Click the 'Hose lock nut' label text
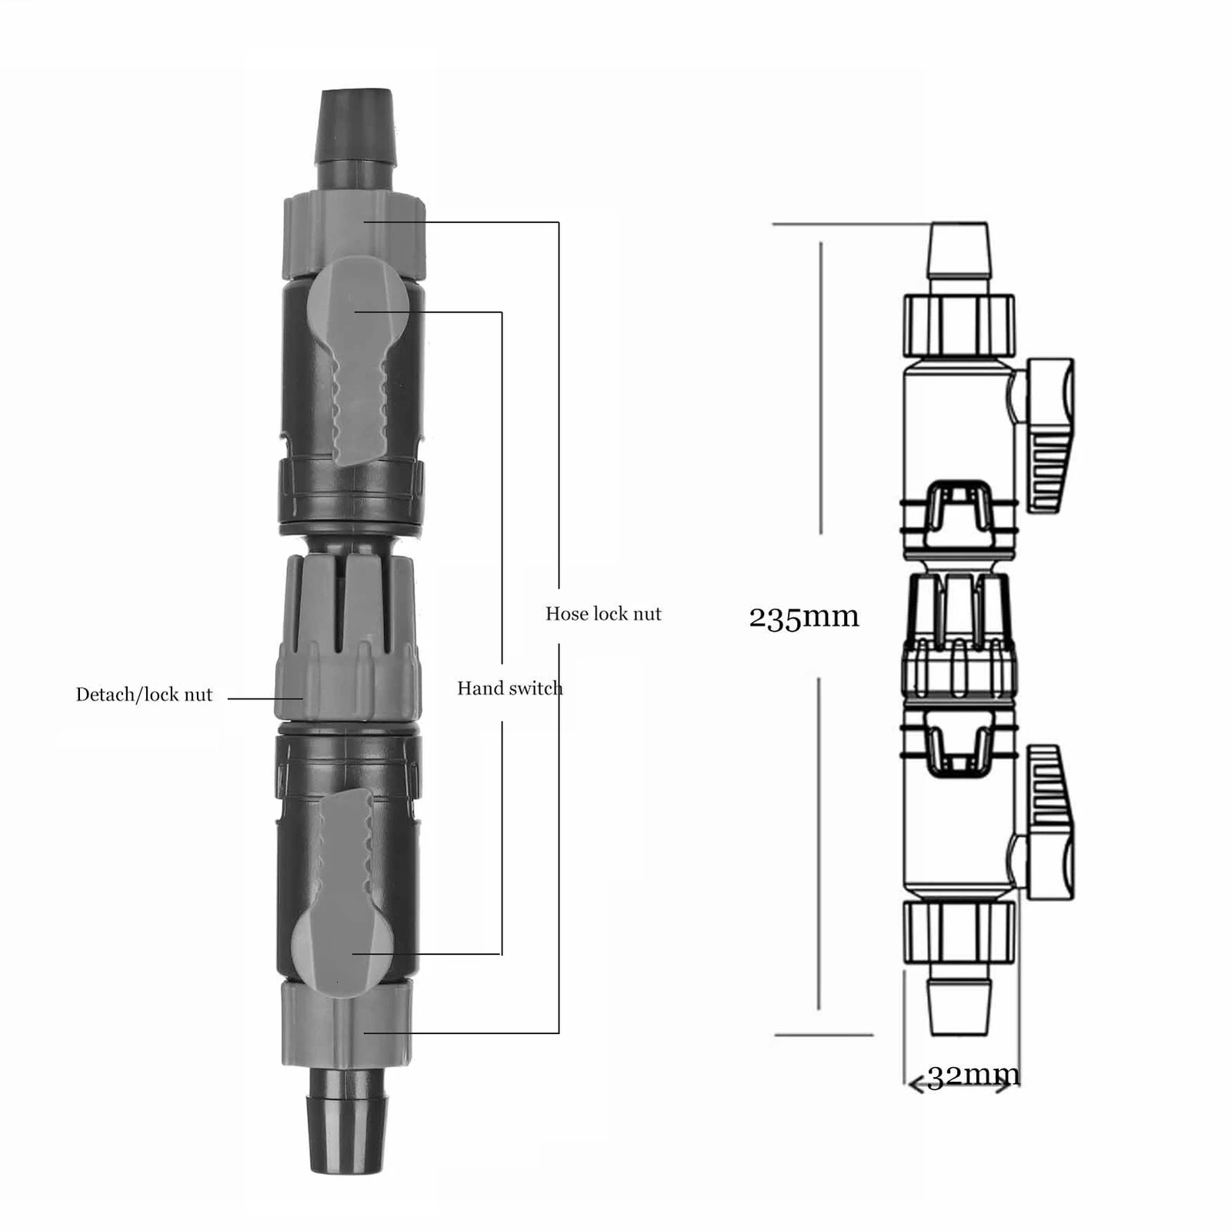coord(603,614)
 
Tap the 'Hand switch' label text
coord(509,689)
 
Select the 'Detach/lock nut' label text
coord(144,695)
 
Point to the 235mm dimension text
coord(804,617)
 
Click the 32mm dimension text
coord(973,1076)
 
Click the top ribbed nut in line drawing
coord(958,325)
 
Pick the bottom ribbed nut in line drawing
coord(959,932)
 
